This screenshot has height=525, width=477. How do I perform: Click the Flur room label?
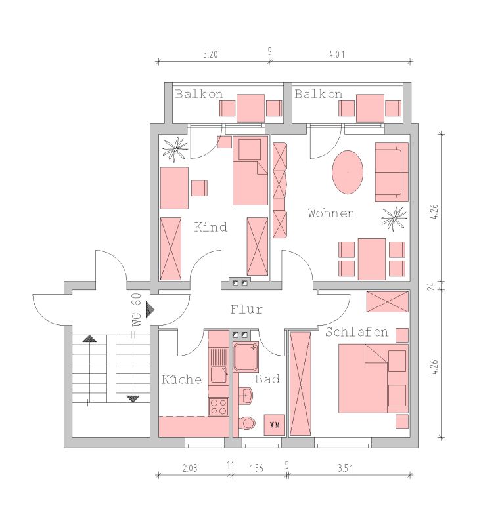point(246,309)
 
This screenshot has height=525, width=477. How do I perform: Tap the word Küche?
point(181,379)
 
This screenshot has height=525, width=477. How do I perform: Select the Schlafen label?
point(357,332)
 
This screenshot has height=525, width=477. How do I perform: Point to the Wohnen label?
point(331,213)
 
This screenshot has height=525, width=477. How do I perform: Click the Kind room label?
point(210,227)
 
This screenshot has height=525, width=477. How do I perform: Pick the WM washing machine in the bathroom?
point(275,425)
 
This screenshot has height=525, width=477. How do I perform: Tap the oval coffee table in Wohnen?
point(348,172)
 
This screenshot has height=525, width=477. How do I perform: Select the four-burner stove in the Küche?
point(218,406)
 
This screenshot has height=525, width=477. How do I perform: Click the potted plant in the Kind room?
point(175,148)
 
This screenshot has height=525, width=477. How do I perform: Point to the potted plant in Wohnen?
point(394,218)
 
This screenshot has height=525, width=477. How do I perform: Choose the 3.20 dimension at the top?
point(210,54)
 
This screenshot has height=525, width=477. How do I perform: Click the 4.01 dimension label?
point(336,54)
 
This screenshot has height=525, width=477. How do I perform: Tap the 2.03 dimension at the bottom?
point(190,467)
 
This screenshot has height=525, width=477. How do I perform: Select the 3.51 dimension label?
point(345,467)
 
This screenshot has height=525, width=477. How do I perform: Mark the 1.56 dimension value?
point(256,467)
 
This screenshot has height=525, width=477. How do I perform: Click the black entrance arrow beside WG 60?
point(150,309)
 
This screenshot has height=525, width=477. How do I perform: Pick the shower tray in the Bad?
point(246,357)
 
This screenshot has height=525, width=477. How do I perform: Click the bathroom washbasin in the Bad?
point(246,396)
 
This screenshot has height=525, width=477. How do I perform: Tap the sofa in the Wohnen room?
point(392,172)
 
